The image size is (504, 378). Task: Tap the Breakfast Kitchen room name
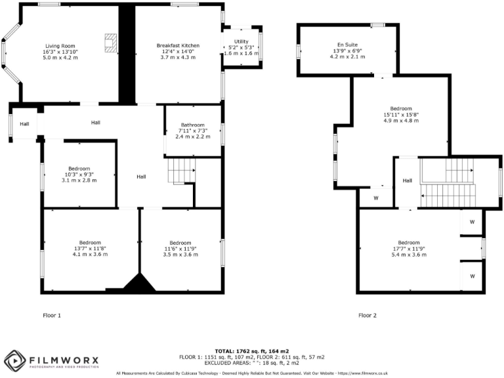[x=178, y=45]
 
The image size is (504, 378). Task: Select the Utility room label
[x=241, y=41]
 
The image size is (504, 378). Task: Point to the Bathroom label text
[x=193, y=125]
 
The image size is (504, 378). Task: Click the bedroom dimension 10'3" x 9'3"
[x=79, y=174]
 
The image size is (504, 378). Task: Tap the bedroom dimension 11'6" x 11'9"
[x=180, y=249]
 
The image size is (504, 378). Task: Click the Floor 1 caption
[x=52, y=316]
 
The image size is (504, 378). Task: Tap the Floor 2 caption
[x=367, y=316]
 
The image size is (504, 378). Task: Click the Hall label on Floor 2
[x=407, y=180]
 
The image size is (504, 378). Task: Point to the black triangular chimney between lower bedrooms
[x=140, y=283]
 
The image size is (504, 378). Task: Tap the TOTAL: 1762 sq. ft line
[x=251, y=352]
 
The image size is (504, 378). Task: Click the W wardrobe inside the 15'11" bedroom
[x=376, y=198]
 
